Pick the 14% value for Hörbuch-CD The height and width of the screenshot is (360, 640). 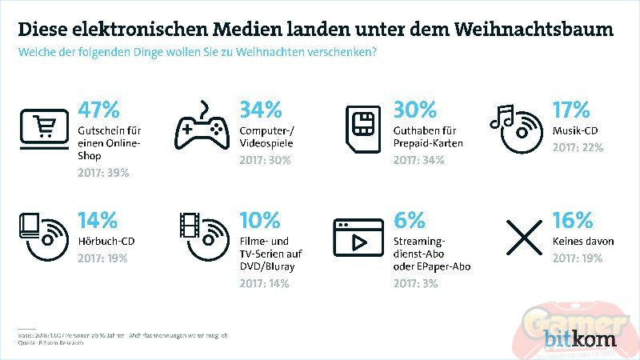click(x=98, y=220)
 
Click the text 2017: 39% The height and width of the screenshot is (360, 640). click(x=103, y=173)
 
